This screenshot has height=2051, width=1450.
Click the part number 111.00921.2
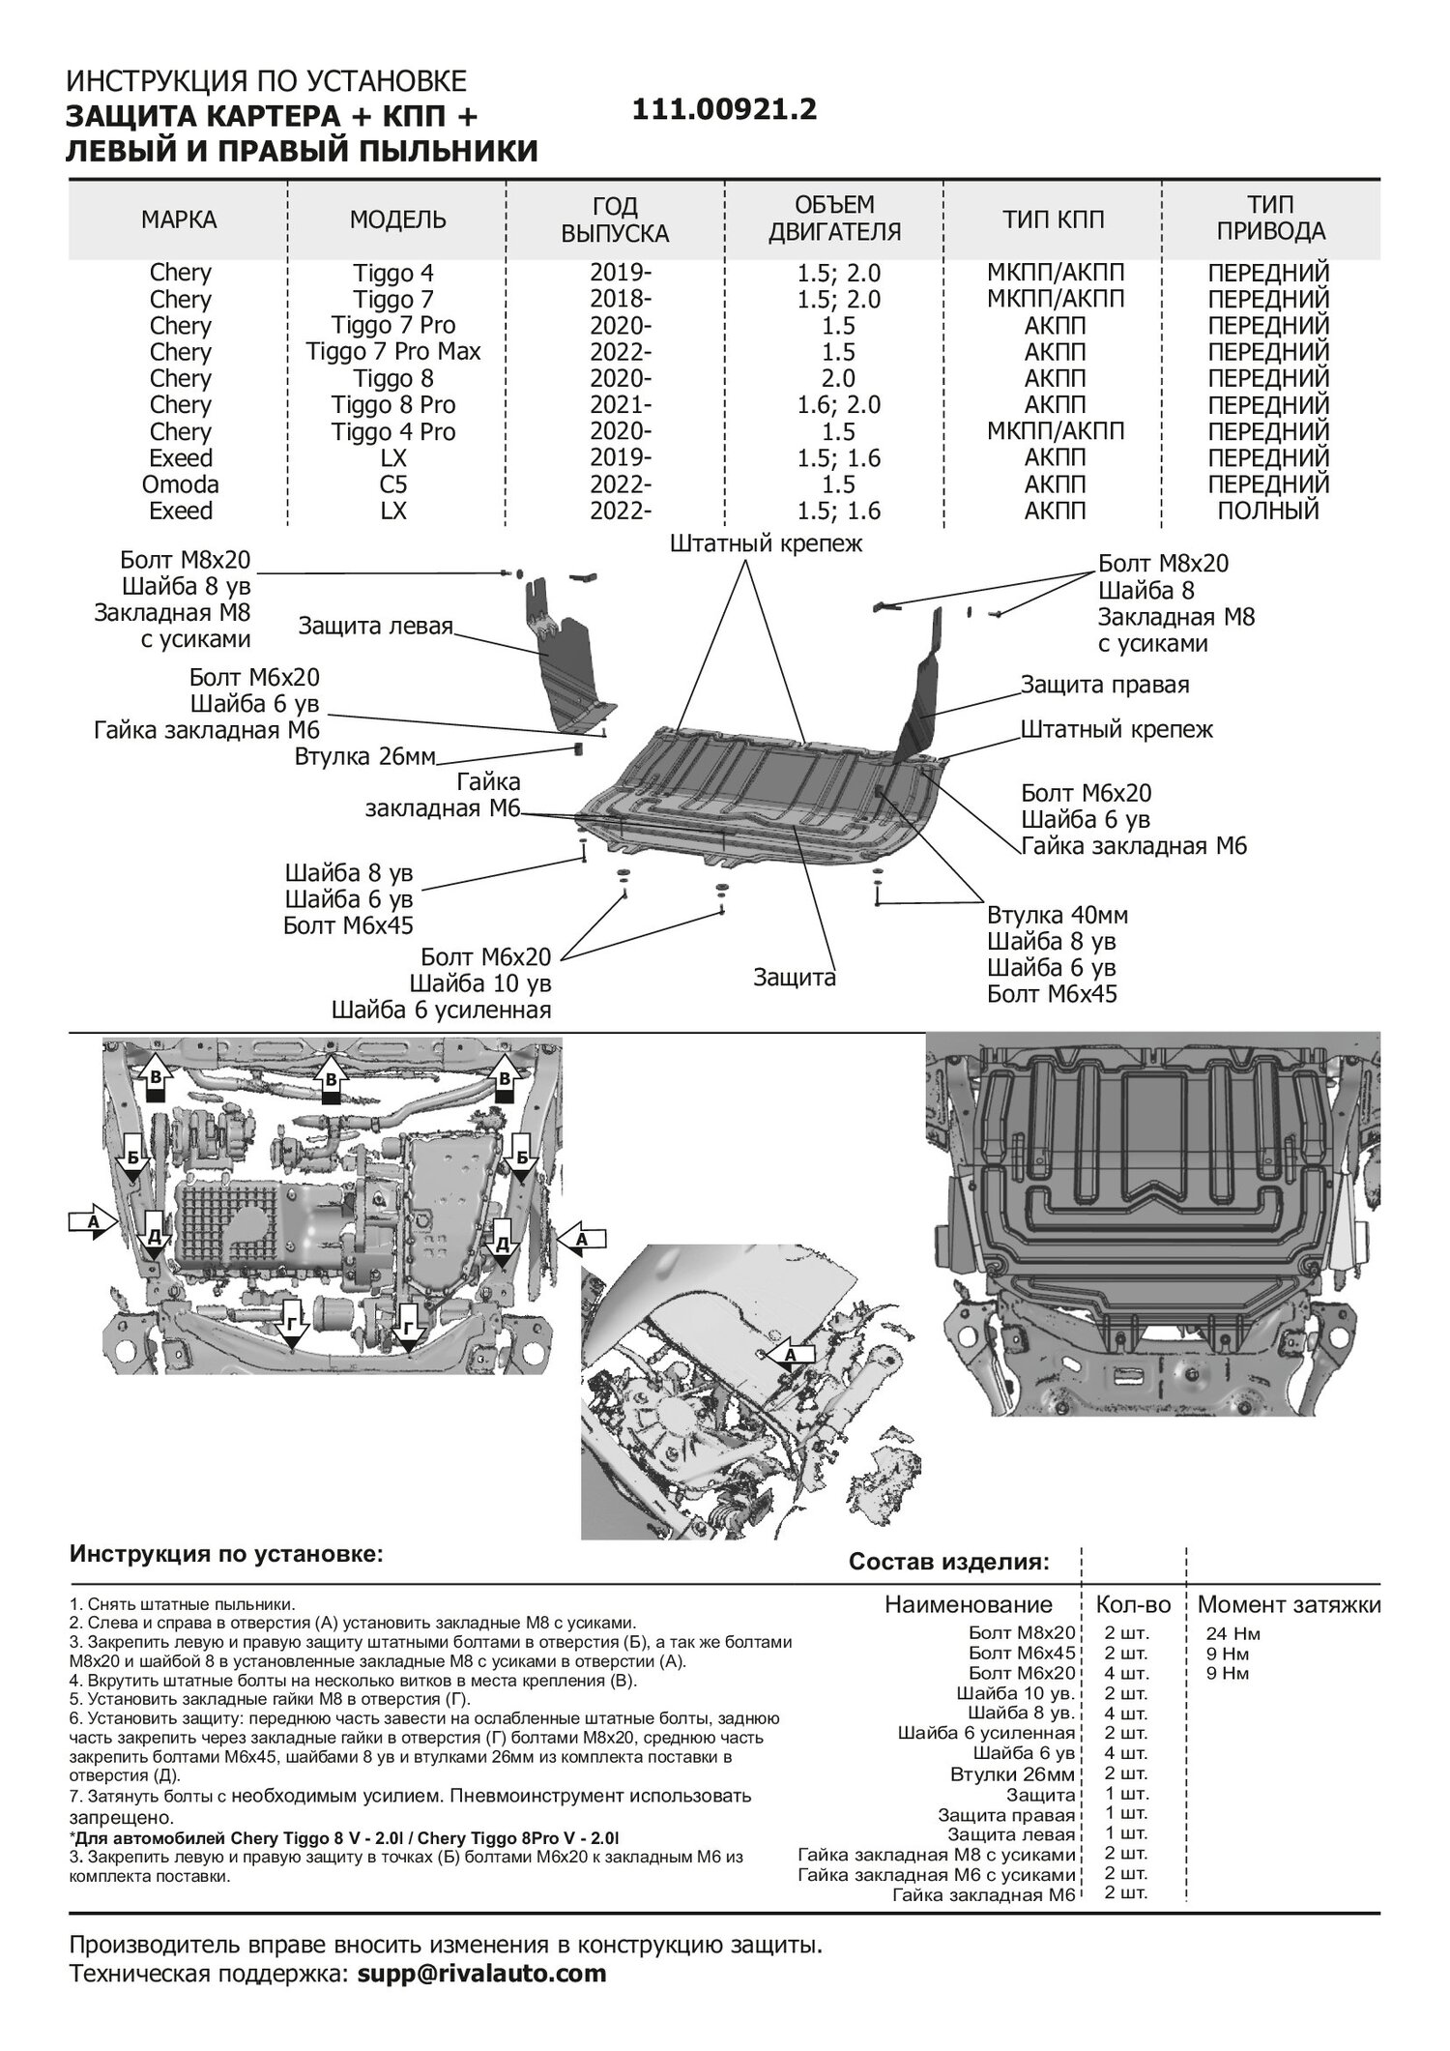[724, 110]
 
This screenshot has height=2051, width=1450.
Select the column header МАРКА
[179, 220]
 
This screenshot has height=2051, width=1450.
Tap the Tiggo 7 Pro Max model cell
[392, 352]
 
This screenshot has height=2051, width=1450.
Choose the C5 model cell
[392, 483]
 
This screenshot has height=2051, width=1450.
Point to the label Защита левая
[375, 626]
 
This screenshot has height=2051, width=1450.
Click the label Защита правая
[1105, 685]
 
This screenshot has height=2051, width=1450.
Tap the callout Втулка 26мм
[365, 755]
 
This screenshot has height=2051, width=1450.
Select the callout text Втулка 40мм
[1058, 915]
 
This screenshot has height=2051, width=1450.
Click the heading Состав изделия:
[948, 1562]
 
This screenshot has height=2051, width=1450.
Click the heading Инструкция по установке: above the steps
[226, 1555]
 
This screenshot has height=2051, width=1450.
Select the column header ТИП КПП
[1053, 220]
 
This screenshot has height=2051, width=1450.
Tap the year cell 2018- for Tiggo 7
[621, 300]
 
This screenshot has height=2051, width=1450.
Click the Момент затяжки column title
[1289, 1605]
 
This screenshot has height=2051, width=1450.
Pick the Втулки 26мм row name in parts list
[1011, 1774]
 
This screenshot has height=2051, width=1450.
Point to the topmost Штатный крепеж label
[766, 544]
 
